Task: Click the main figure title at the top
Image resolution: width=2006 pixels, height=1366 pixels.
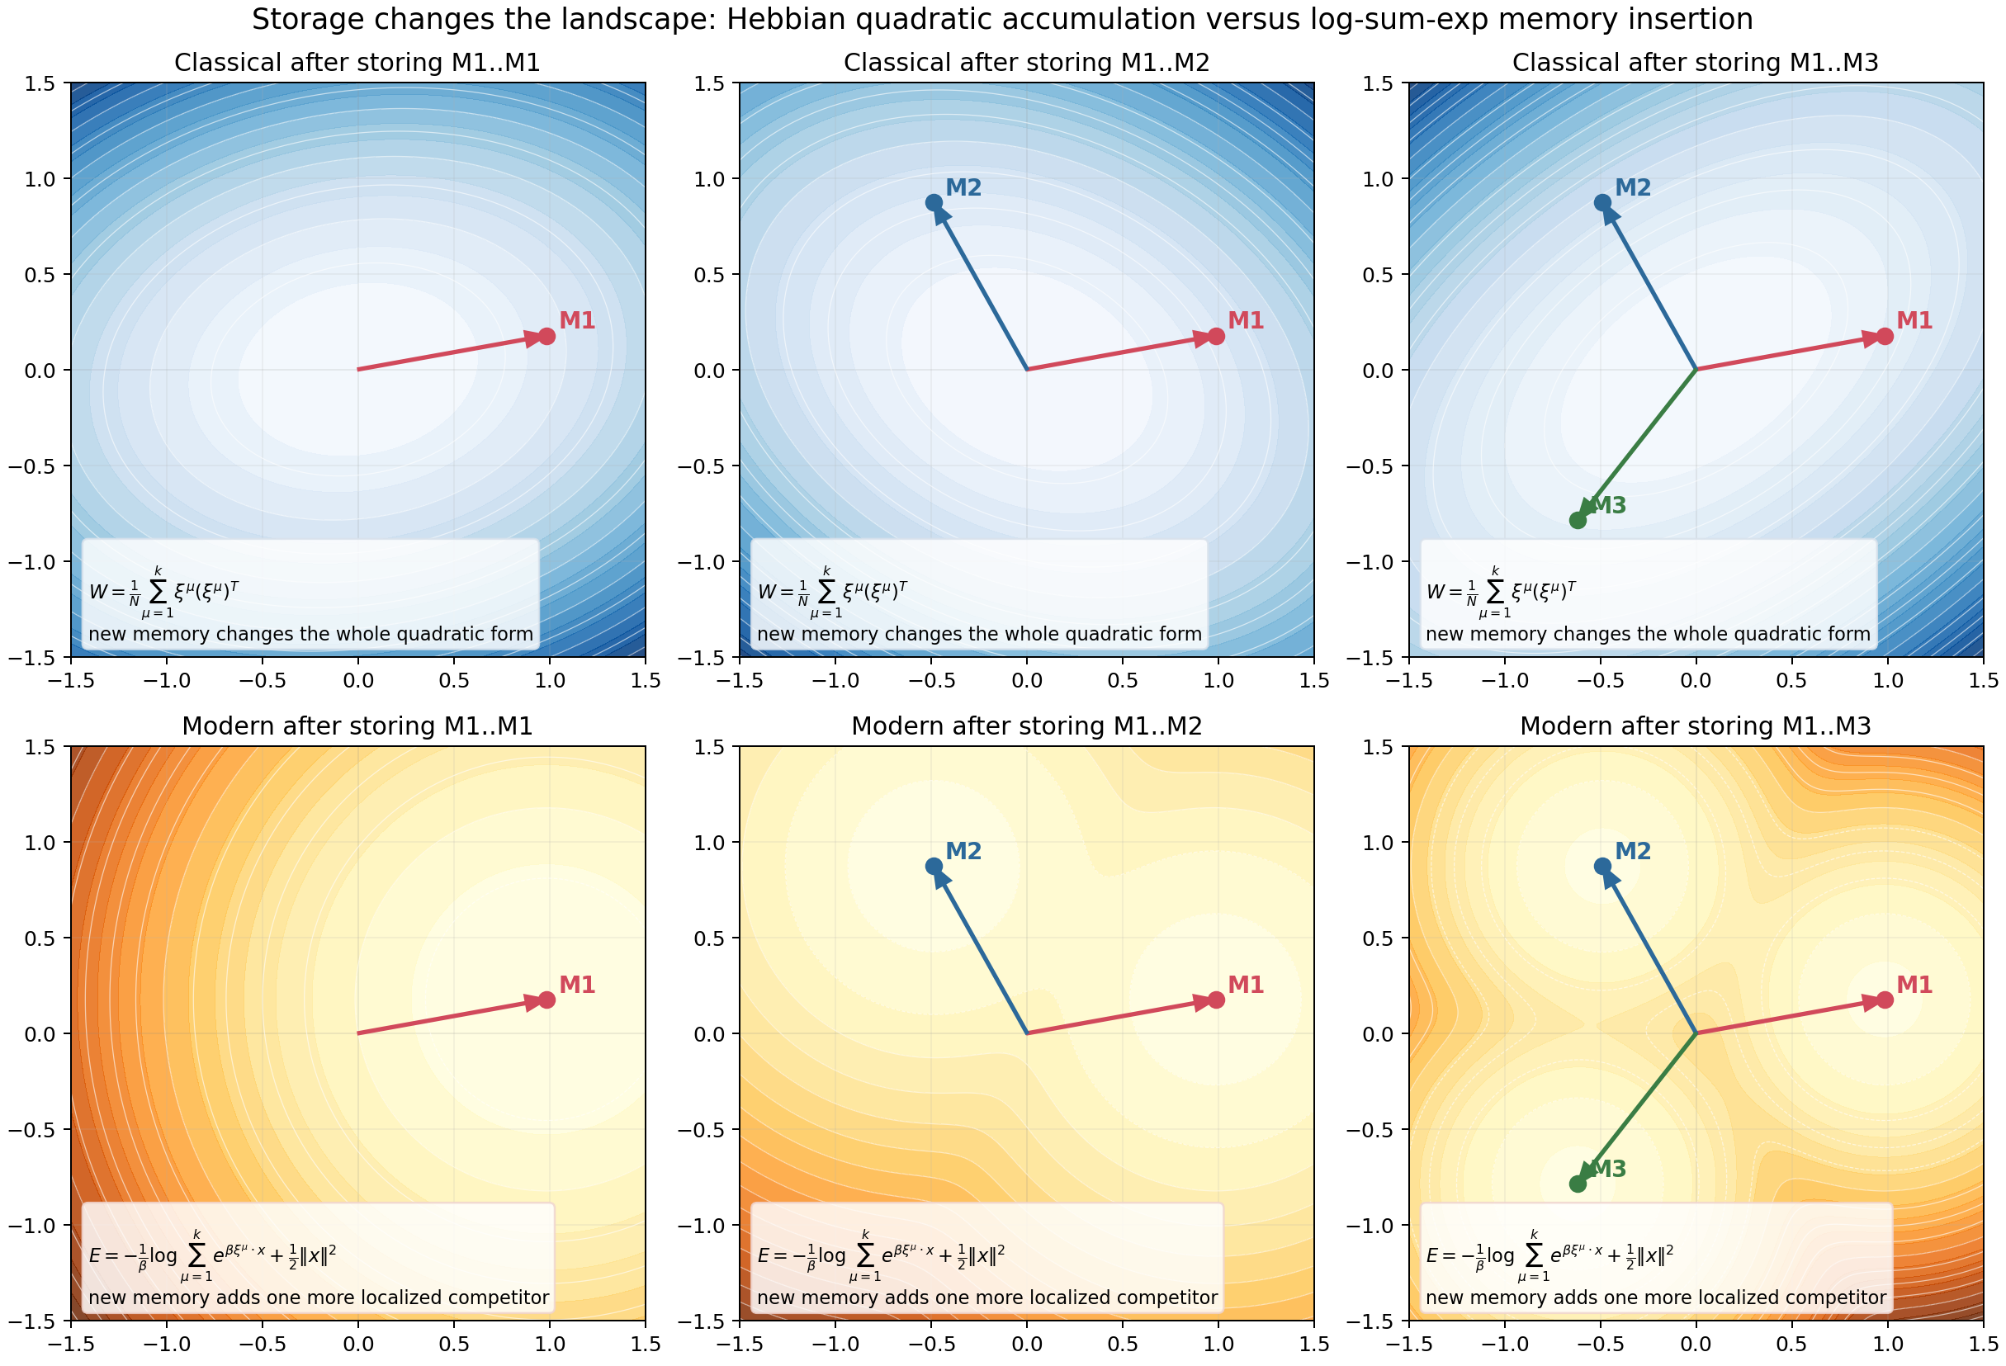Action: (x=1002, y=19)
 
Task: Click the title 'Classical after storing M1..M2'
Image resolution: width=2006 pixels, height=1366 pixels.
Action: (x=1026, y=63)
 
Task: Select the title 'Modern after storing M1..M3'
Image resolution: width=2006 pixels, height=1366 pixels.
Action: (x=1696, y=726)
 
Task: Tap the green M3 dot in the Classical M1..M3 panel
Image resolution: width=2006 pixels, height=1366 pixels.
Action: (x=1578, y=520)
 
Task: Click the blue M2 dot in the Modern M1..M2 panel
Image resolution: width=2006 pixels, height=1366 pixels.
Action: (x=933, y=867)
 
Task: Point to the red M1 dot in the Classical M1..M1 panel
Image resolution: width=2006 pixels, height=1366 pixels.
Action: (x=546, y=336)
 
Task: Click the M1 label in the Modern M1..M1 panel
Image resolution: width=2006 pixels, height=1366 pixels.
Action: (x=576, y=985)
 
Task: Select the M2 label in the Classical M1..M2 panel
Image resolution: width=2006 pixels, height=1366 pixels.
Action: (x=963, y=188)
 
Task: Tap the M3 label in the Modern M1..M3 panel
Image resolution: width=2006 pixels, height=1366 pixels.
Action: (x=1608, y=1170)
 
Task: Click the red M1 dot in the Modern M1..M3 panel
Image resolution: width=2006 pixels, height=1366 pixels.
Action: (x=1885, y=1000)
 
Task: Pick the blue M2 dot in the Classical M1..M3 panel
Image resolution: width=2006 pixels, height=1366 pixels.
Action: (x=1602, y=203)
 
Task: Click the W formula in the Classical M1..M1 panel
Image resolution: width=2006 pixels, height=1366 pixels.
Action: (x=164, y=592)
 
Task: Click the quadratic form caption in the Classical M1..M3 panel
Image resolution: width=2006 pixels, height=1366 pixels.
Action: (x=1648, y=634)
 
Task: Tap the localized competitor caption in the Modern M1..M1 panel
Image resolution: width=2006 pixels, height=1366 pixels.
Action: (x=319, y=1297)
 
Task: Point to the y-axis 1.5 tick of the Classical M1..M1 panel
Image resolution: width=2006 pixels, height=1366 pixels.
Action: (x=40, y=83)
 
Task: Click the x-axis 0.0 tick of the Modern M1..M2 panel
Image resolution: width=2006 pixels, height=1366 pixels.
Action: (x=1026, y=1344)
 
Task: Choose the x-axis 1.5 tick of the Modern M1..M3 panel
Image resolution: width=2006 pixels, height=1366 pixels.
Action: (x=1983, y=1344)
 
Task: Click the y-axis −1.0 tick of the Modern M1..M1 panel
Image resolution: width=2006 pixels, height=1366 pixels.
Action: (x=32, y=1226)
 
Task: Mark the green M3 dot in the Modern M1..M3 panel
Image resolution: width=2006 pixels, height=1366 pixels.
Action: (x=1578, y=1184)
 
